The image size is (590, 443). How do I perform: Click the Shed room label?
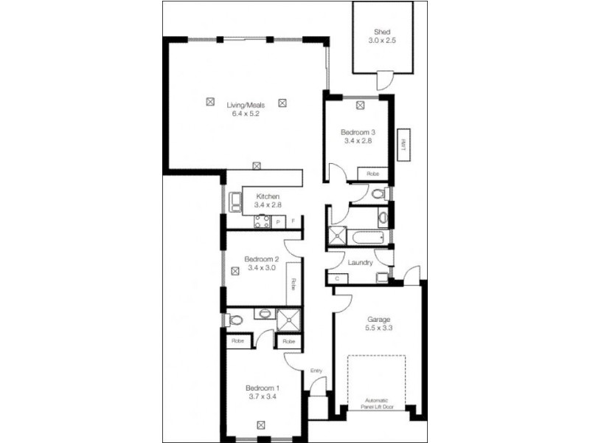point(381,32)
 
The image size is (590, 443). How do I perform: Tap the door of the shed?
point(384,79)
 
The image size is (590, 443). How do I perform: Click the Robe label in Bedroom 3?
point(373,173)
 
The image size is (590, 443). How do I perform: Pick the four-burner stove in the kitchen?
point(262,220)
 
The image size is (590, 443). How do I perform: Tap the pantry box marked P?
point(279,221)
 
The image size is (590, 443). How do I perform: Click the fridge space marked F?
point(294,221)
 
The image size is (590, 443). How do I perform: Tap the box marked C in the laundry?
point(337,278)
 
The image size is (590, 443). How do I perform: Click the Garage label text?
point(379,320)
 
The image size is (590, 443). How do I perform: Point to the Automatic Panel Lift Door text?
point(378,402)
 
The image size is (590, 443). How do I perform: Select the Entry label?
point(317,371)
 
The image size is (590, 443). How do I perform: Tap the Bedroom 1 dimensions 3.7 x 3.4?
point(262,396)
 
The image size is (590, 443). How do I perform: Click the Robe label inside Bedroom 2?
point(293,283)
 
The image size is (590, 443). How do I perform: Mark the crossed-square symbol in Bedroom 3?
point(360,106)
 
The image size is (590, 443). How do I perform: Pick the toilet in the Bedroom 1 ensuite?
point(235,320)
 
